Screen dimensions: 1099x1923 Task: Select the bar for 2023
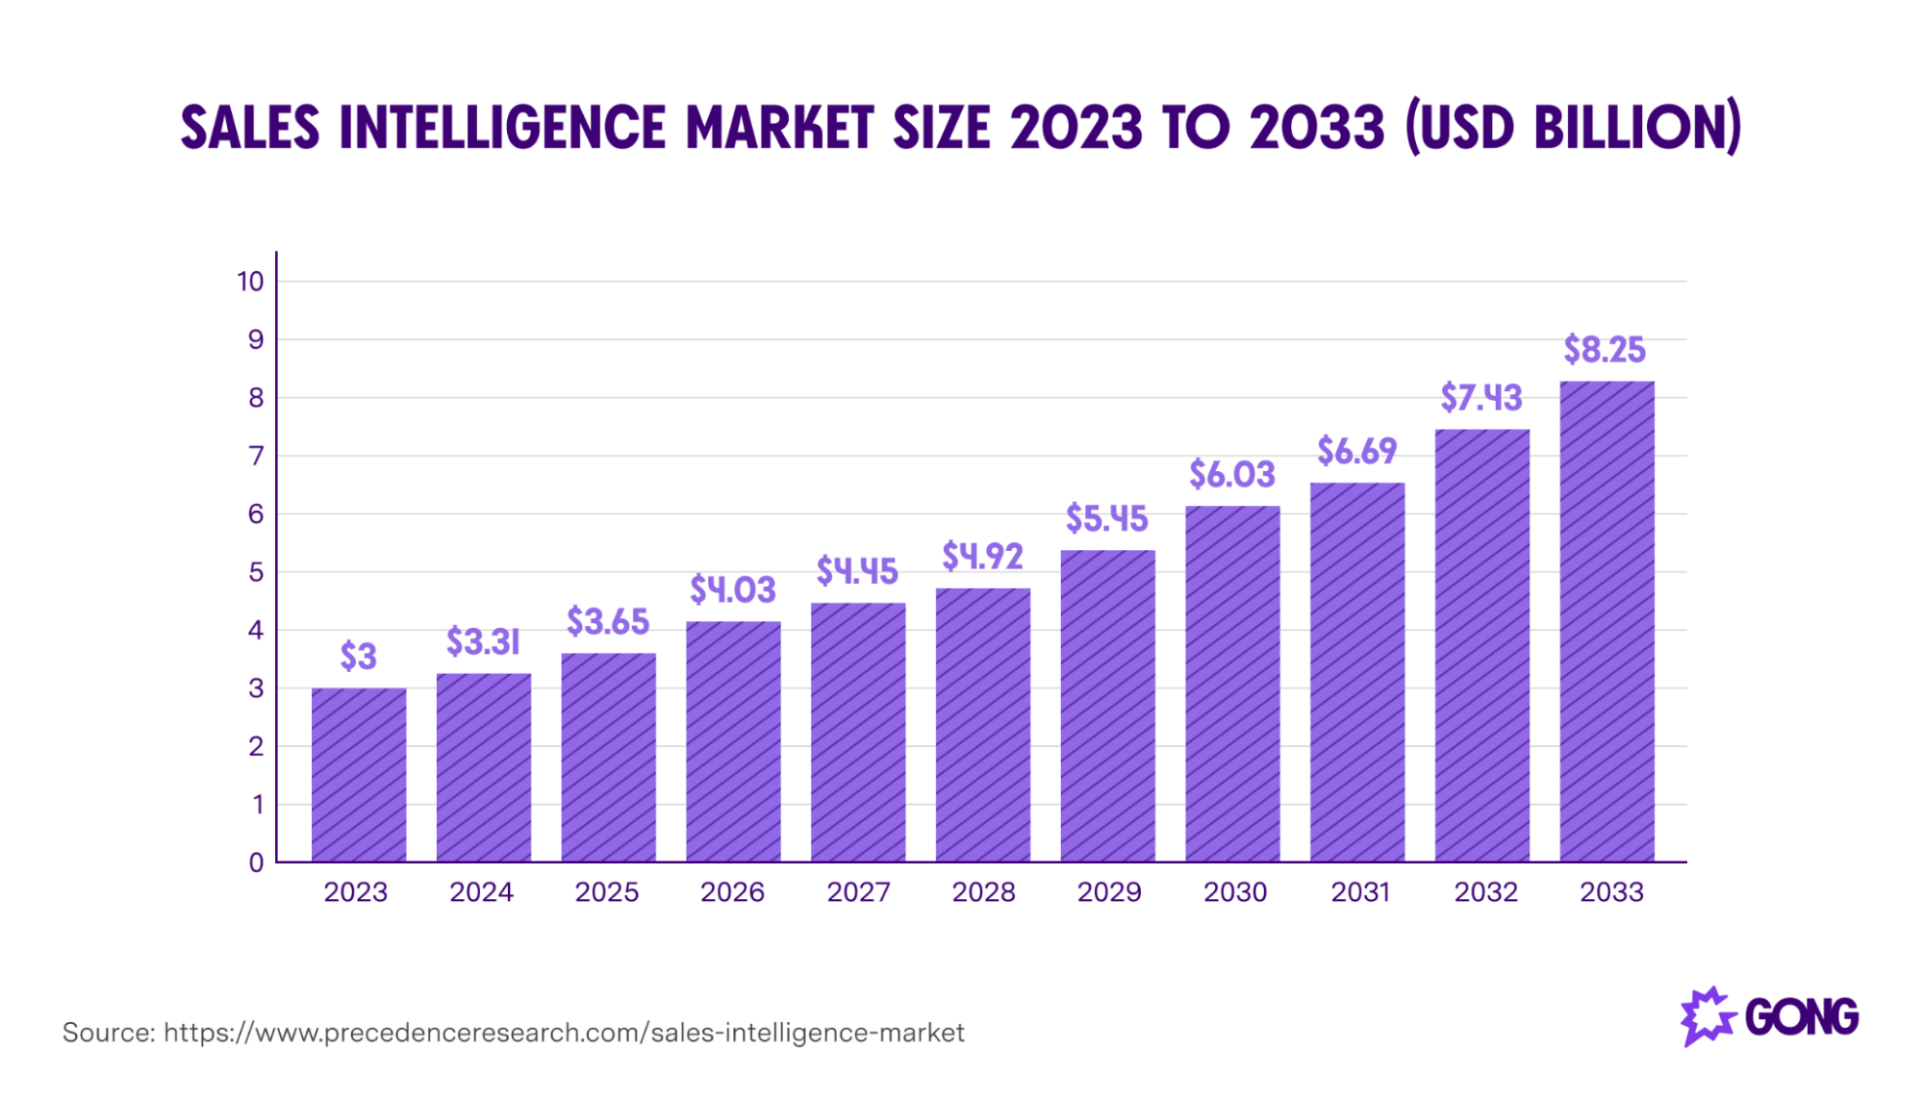[x=359, y=775]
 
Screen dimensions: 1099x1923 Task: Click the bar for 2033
[x=1607, y=621]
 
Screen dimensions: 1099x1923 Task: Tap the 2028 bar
[x=982, y=725]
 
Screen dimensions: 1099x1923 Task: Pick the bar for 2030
[x=1232, y=684]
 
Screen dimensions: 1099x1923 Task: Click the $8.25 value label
[x=1604, y=350]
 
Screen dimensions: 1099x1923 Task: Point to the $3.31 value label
[x=483, y=641]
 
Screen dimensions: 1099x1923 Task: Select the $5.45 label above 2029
[x=1106, y=519]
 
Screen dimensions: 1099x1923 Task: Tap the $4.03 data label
[x=732, y=589]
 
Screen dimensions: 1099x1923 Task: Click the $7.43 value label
[x=1480, y=398]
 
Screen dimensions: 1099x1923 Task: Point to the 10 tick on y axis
[x=250, y=282]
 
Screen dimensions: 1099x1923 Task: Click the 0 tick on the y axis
[x=256, y=862]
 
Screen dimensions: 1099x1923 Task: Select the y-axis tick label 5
[x=256, y=572]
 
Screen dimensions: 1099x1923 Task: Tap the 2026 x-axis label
[x=732, y=892]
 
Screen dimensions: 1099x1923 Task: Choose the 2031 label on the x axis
[x=1359, y=892]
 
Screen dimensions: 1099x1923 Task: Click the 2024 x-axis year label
[x=481, y=892]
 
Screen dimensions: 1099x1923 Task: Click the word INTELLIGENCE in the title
[x=502, y=128]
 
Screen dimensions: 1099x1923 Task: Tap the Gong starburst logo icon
[x=1707, y=1016]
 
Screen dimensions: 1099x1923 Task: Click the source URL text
[x=564, y=1033]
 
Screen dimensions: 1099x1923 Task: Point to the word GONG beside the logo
[x=1801, y=1017]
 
